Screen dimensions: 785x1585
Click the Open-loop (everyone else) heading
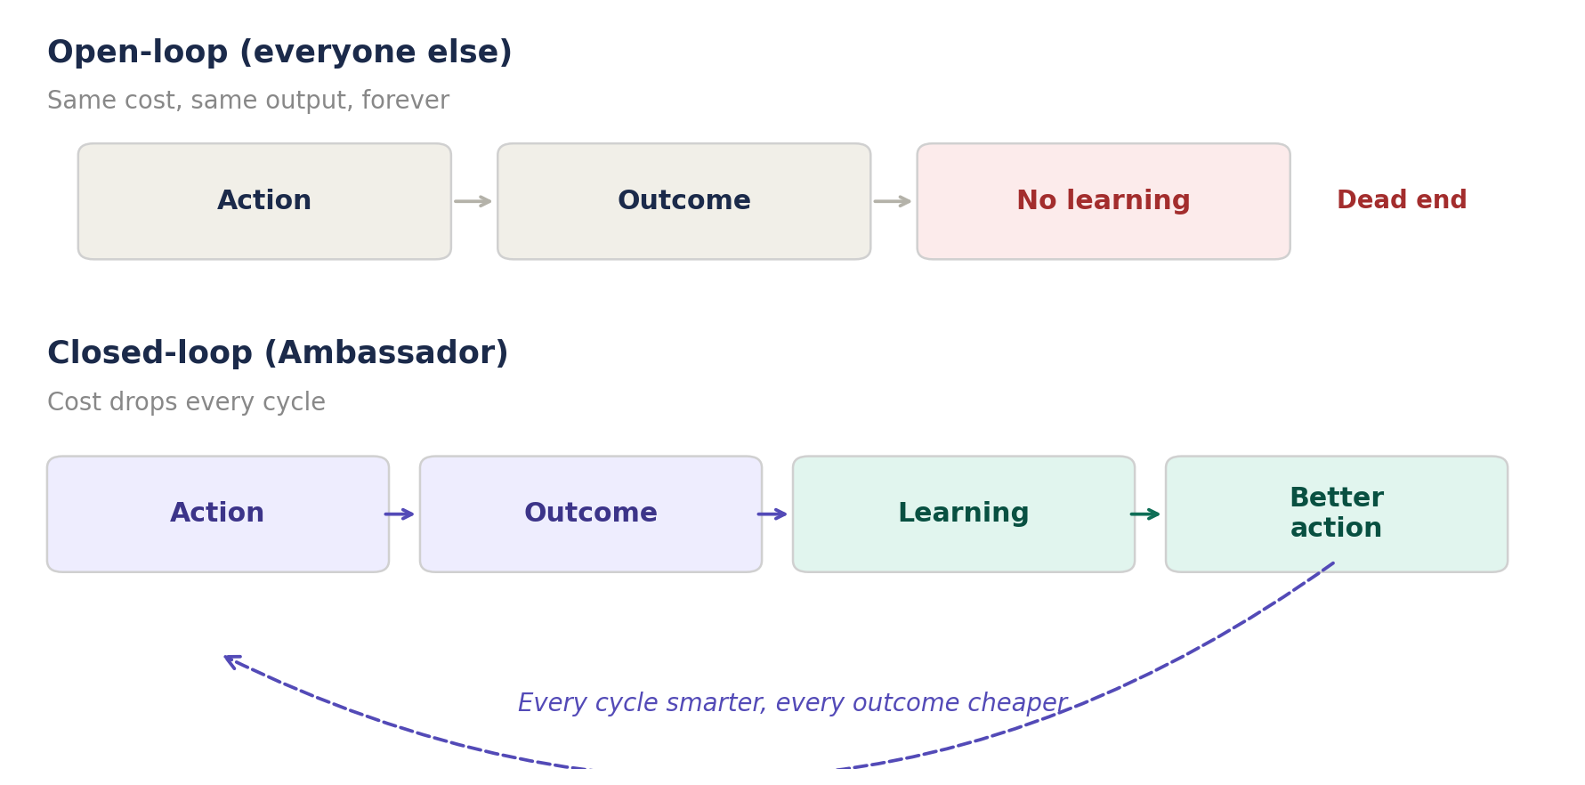click(279, 53)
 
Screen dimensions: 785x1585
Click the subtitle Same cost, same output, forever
click(248, 101)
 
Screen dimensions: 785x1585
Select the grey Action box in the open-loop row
click(264, 201)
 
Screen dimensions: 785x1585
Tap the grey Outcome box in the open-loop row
click(683, 201)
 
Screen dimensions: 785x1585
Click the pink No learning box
click(1103, 201)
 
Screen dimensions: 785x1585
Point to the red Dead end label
click(1402, 200)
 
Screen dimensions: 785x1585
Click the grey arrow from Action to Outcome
click(473, 201)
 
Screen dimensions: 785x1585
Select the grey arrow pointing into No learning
click(893, 201)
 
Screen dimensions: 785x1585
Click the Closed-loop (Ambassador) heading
click(278, 353)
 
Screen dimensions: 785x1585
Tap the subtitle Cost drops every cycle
click(186, 402)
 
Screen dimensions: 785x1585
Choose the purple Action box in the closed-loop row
click(217, 514)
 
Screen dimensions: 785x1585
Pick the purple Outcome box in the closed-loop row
click(590, 514)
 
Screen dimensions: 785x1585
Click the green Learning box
click(963, 514)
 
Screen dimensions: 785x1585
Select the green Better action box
click(1336, 514)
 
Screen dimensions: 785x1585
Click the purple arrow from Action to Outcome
click(400, 514)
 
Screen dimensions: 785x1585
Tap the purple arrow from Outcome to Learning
click(772, 514)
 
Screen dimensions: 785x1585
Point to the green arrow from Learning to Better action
click(1145, 514)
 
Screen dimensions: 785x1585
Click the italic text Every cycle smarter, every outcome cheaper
click(792, 703)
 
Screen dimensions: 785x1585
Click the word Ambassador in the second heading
click(384, 353)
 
